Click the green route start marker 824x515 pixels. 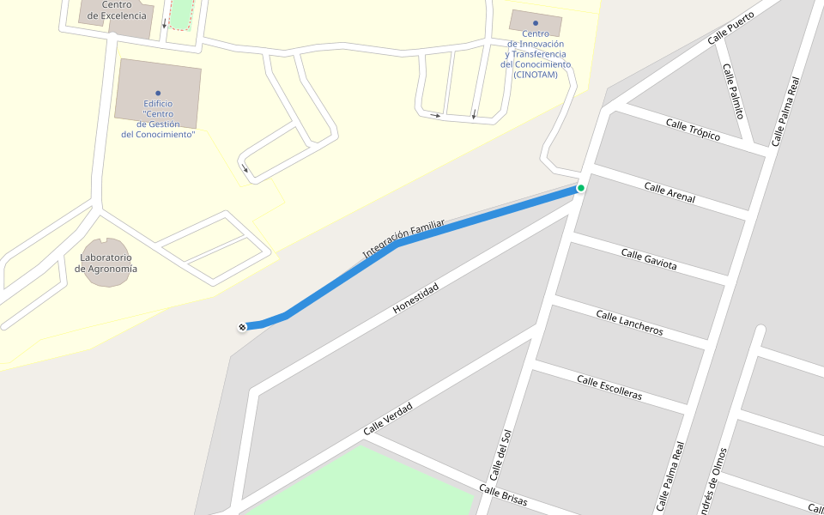(581, 188)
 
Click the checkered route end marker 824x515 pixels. (243, 326)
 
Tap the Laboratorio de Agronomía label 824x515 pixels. (106, 263)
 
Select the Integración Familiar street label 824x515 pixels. (403, 239)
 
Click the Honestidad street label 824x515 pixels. (415, 297)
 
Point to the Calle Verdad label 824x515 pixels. (387, 418)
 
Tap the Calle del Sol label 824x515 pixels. (500, 455)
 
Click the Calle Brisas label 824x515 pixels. (503, 495)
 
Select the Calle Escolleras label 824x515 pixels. (609, 387)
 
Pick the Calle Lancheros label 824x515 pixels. (629, 324)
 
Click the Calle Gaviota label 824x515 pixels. (649, 259)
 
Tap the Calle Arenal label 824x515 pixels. (669, 193)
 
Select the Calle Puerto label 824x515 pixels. (730, 27)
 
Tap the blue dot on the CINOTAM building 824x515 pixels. (536, 23)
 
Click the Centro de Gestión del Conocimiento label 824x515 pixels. (158, 119)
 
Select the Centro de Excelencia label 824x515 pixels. (117, 10)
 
